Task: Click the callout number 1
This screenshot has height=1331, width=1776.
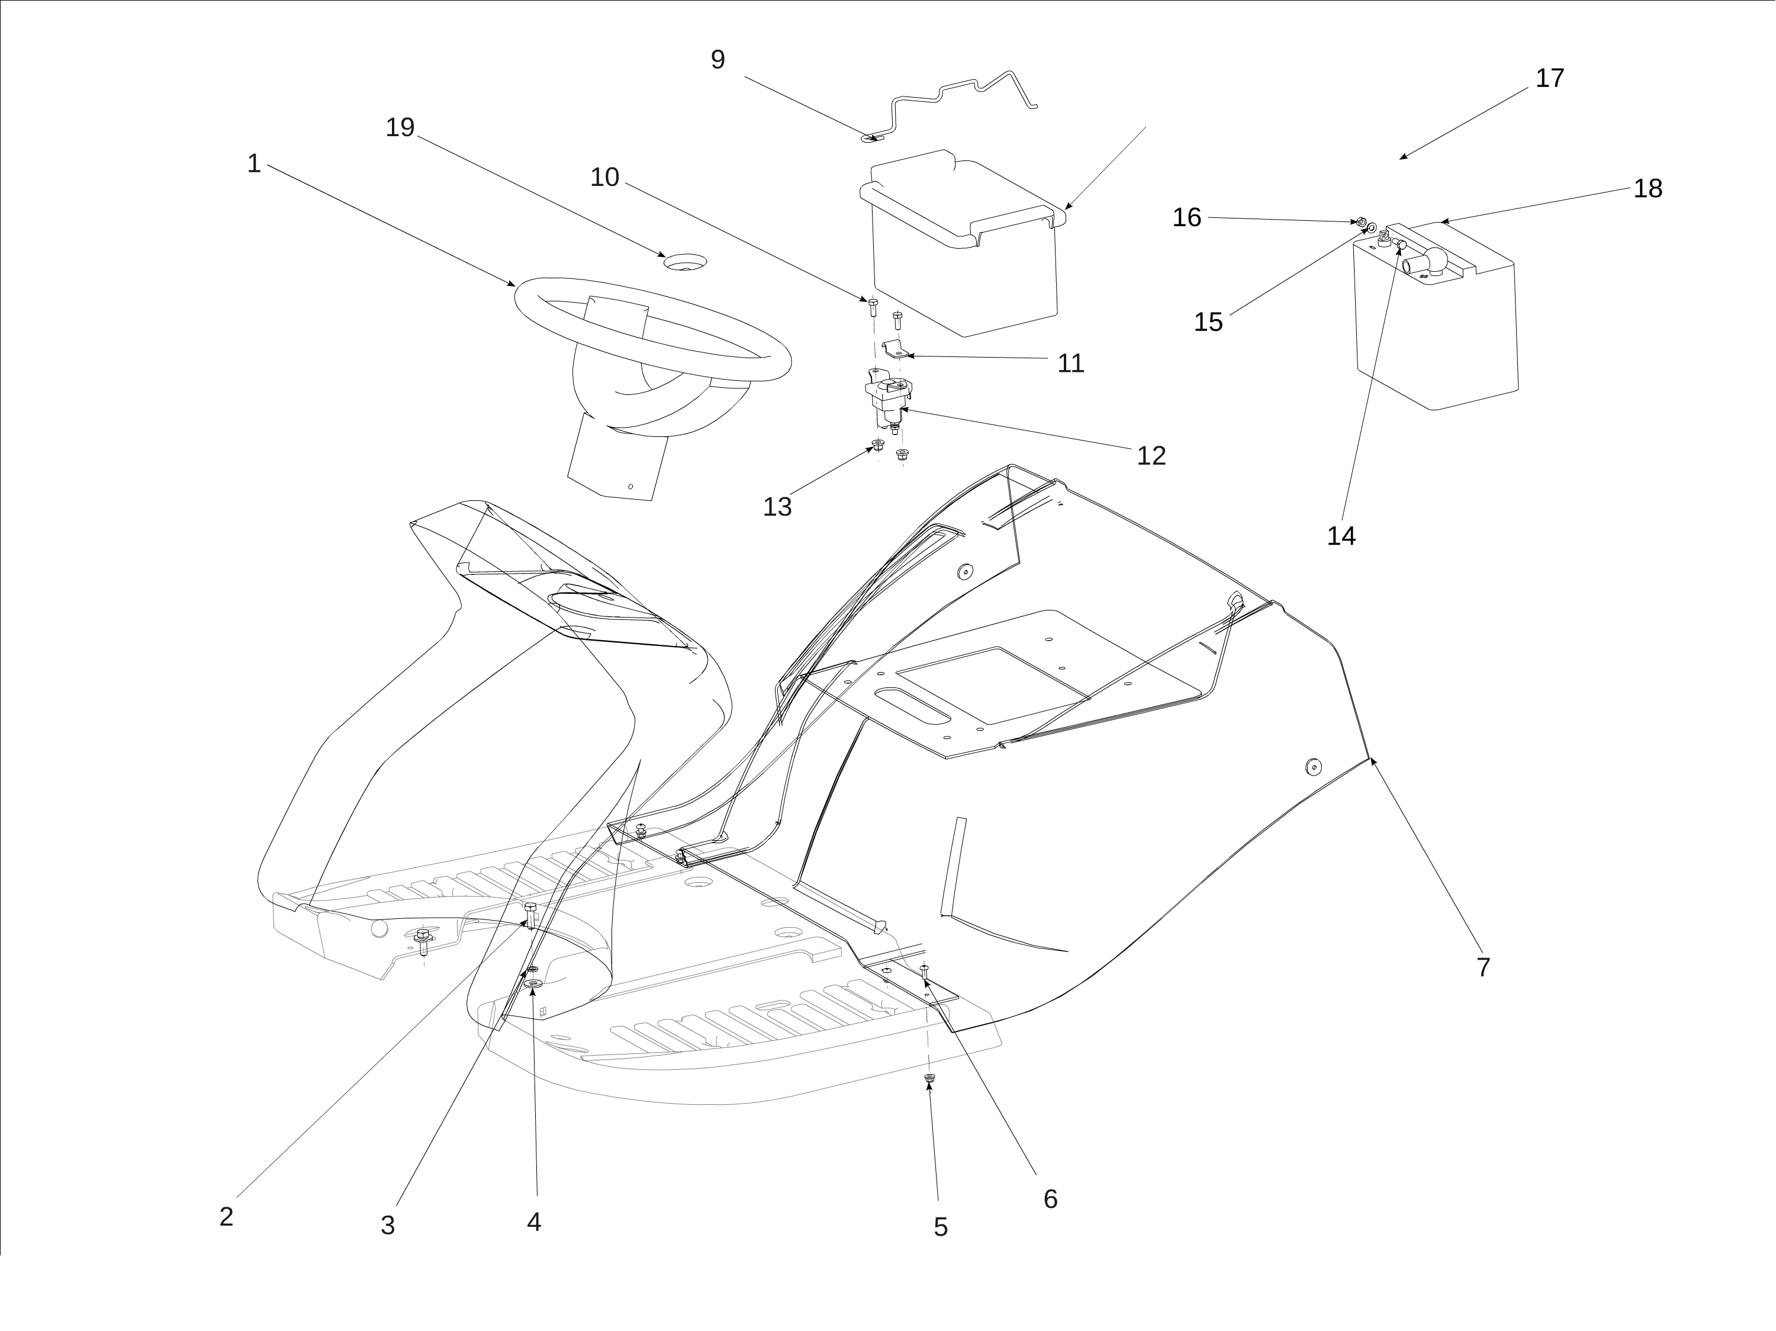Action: [x=254, y=164]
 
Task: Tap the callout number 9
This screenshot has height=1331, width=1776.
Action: [x=718, y=59]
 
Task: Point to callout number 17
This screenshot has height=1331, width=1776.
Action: [x=1550, y=78]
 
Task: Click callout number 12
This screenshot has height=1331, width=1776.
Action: [x=1150, y=455]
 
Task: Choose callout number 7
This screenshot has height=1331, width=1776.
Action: [x=1483, y=966]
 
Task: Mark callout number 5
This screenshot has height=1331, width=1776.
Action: [x=940, y=1227]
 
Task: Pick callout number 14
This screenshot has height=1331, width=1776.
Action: [x=1341, y=535]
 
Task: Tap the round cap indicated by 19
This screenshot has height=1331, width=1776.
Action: [x=685, y=261]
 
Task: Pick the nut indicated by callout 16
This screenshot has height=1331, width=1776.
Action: [x=1361, y=221]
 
